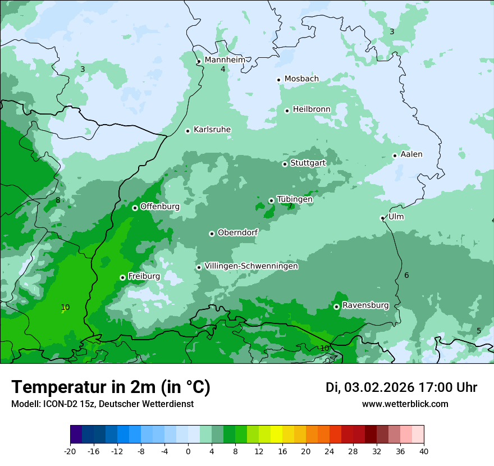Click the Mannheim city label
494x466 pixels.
click(x=225, y=60)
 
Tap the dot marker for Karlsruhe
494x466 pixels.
click(x=188, y=131)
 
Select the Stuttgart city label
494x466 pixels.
click(x=308, y=163)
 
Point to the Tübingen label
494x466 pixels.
click(x=295, y=199)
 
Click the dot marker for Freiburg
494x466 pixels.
click(x=122, y=277)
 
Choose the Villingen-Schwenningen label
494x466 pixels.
click(x=251, y=266)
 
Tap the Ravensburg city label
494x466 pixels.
click(x=365, y=305)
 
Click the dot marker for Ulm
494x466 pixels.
click(x=383, y=218)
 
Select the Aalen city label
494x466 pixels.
click(x=411, y=154)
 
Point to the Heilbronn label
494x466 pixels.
click(x=312, y=109)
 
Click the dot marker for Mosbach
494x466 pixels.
click(x=278, y=80)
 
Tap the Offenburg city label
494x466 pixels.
click(x=160, y=207)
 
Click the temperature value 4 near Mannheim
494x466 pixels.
click(x=223, y=69)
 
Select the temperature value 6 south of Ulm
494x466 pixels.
click(x=406, y=275)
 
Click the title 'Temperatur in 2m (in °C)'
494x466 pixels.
click(x=111, y=387)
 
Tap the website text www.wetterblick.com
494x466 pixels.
click(x=405, y=404)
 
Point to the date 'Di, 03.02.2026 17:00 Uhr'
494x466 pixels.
click(x=401, y=387)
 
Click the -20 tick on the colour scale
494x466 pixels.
click(x=70, y=451)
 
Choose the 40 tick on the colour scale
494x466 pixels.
click(x=424, y=451)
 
